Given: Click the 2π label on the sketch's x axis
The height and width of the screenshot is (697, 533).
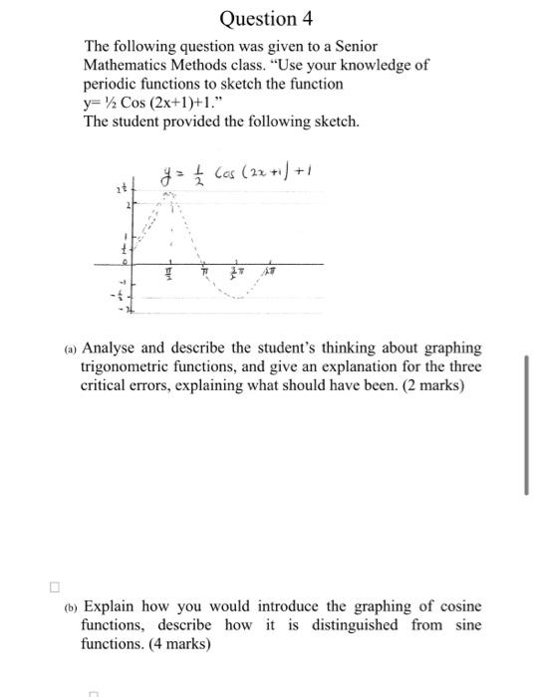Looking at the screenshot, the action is [271, 273].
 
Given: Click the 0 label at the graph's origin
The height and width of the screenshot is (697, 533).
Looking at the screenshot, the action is [127, 257].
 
